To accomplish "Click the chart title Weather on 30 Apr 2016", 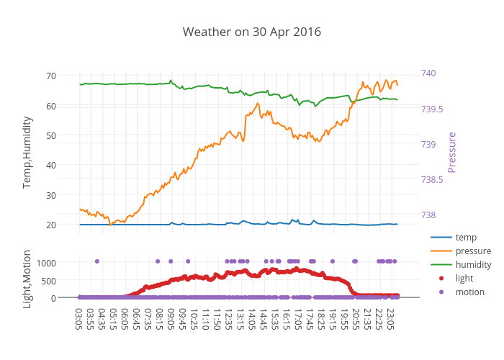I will tap(251, 32).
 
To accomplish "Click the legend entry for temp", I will tap(465, 237).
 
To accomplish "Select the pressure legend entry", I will tap(473, 251).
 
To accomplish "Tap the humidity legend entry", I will tap(473, 264).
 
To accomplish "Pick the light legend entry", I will tap(464, 278).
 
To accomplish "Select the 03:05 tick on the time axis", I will tap(78, 318).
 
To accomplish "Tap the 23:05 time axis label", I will tap(390, 318).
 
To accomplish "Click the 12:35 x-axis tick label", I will tap(228, 318).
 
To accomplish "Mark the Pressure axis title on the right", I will tap(452, 152).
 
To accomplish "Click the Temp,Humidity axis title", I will tap(27, 152).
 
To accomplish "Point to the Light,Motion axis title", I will tap(27, 279).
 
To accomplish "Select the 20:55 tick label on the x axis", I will tap(355, 318).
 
